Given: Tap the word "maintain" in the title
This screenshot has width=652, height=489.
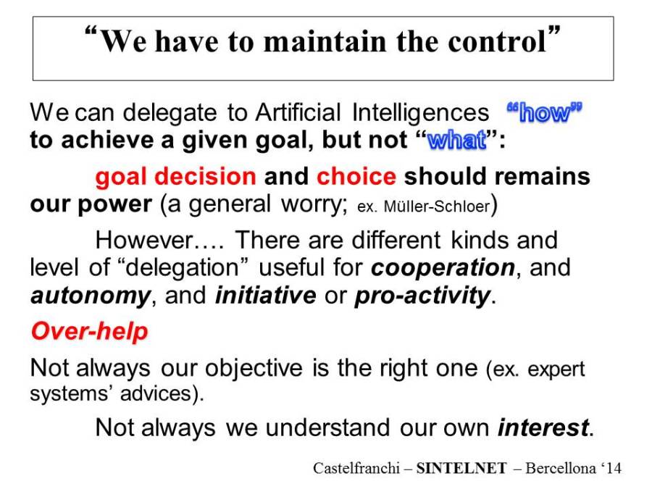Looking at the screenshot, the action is pyautogui.click(x=325, y=41).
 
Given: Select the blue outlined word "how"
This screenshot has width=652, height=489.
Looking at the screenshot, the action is pyautogui.click(x=544, y=112).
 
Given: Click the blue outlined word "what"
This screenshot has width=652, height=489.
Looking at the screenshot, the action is pyautogui.click(x=456, y=140).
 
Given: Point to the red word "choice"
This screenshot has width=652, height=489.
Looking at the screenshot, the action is pyautogui.click(x=356, y=177).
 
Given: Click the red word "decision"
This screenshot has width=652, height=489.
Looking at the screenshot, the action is pyautogui.click(x=205, y=177).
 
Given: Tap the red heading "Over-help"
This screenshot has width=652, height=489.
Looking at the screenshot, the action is pyautogui.click(x=89, y=332).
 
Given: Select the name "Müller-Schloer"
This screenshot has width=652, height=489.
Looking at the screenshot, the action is pyautogui.click(x=437, y=206).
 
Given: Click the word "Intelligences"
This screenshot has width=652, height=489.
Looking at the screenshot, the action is pyautogui.click(x=420, y=113).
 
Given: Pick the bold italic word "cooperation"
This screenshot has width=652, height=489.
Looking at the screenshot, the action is pyautogui.click(x=443, y=267).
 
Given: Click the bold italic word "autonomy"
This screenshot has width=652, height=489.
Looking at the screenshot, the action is pyautogui.click(x=91, y=296).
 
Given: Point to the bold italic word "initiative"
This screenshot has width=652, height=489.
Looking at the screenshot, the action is pyautogui.click(x=266, y=296).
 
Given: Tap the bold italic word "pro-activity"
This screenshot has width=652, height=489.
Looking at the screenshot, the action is pyautogui.click(x=422, y=296).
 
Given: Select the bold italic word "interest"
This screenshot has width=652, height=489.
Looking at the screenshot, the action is pyautogui.click(x=543, y=427).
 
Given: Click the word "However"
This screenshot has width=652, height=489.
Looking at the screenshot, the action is pyautogui.click(x=144, y=241).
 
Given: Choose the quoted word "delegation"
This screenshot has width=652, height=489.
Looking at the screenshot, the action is pyautogui.click(x=181, y=268).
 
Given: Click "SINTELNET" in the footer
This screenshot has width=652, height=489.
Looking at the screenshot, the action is pyautogui.click(x=461, y=468).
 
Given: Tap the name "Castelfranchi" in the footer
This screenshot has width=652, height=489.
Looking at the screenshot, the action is pyautogui.click(x=356, y=468).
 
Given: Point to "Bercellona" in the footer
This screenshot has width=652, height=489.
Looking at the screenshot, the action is pyautogui.click(x=561, y=468).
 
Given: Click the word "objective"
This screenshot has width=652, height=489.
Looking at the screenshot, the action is pyautogui.click(x=254, y=369).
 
